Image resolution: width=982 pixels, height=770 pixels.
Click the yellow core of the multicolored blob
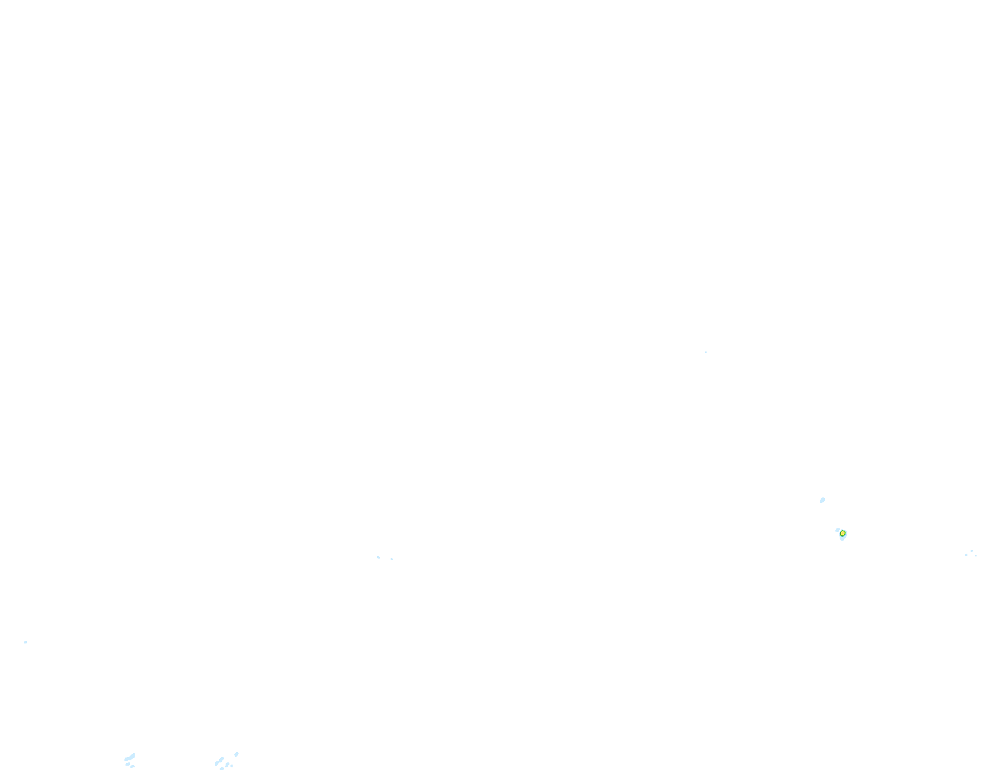(x=842, y=533)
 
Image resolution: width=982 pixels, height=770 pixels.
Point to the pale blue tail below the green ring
(x=842, y=538)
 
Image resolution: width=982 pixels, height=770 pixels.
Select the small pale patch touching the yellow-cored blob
(x=838, y=530)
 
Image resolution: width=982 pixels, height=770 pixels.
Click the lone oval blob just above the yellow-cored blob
(x=822, y=500)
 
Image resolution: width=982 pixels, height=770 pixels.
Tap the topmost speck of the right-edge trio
(x=971, y=551)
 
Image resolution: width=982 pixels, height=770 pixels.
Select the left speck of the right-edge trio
(x=966, y=555)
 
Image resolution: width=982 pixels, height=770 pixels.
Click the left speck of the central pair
(x=378, y=557)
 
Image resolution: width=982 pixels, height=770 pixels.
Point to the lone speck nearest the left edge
(x=25, y=642)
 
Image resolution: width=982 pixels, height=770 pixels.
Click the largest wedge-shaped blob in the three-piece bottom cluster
(x=130, y=758)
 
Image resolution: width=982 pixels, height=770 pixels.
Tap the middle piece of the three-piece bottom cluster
(x=128, y=764)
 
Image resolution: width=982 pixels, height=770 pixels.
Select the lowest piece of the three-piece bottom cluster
(x=133, y=767)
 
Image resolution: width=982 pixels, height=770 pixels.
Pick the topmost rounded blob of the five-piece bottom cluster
(x=236, y=754)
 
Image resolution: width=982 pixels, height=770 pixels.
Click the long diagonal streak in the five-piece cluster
(x=219, y=761)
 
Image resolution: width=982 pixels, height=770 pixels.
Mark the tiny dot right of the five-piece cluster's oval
(x=232, y=766)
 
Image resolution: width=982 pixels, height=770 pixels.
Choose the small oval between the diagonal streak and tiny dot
(x=227, y=765)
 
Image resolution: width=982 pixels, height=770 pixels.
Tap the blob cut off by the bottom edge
(x=221, y=768)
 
